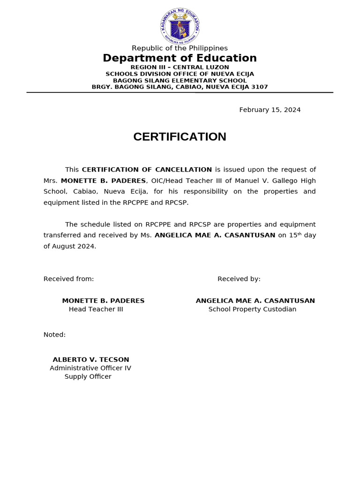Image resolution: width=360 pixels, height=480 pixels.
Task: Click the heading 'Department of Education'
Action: (180, 58)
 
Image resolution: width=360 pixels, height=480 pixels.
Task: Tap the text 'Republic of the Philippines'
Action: (180, 48)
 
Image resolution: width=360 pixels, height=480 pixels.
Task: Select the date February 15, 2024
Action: (270, 110)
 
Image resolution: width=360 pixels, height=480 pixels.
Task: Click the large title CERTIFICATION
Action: (180, 137)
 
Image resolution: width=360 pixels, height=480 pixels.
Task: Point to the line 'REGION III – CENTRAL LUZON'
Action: (180, 67)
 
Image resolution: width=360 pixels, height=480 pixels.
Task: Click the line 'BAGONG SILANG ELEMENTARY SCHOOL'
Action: (180, 81)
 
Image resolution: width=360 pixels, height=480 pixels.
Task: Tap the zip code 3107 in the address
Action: (260, 87)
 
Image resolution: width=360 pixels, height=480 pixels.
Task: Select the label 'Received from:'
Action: (68, 279)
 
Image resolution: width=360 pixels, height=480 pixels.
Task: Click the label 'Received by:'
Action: (239, 279)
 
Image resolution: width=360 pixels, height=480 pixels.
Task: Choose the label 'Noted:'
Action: (54, 335)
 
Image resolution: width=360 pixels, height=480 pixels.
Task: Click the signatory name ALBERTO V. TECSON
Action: (91, 360)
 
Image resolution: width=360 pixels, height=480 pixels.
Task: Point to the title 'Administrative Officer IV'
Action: (90, 368)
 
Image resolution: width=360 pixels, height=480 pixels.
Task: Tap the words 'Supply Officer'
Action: (88, 377)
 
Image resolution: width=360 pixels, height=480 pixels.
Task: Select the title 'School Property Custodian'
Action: (252, 309)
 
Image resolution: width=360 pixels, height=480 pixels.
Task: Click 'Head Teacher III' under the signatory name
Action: (96, 309)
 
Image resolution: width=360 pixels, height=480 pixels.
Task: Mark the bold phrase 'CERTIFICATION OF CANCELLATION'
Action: (147, 170)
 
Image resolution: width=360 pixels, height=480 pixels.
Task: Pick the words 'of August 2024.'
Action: (70, 247)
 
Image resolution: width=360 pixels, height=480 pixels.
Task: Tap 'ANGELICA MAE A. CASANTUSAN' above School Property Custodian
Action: (255, 301)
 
